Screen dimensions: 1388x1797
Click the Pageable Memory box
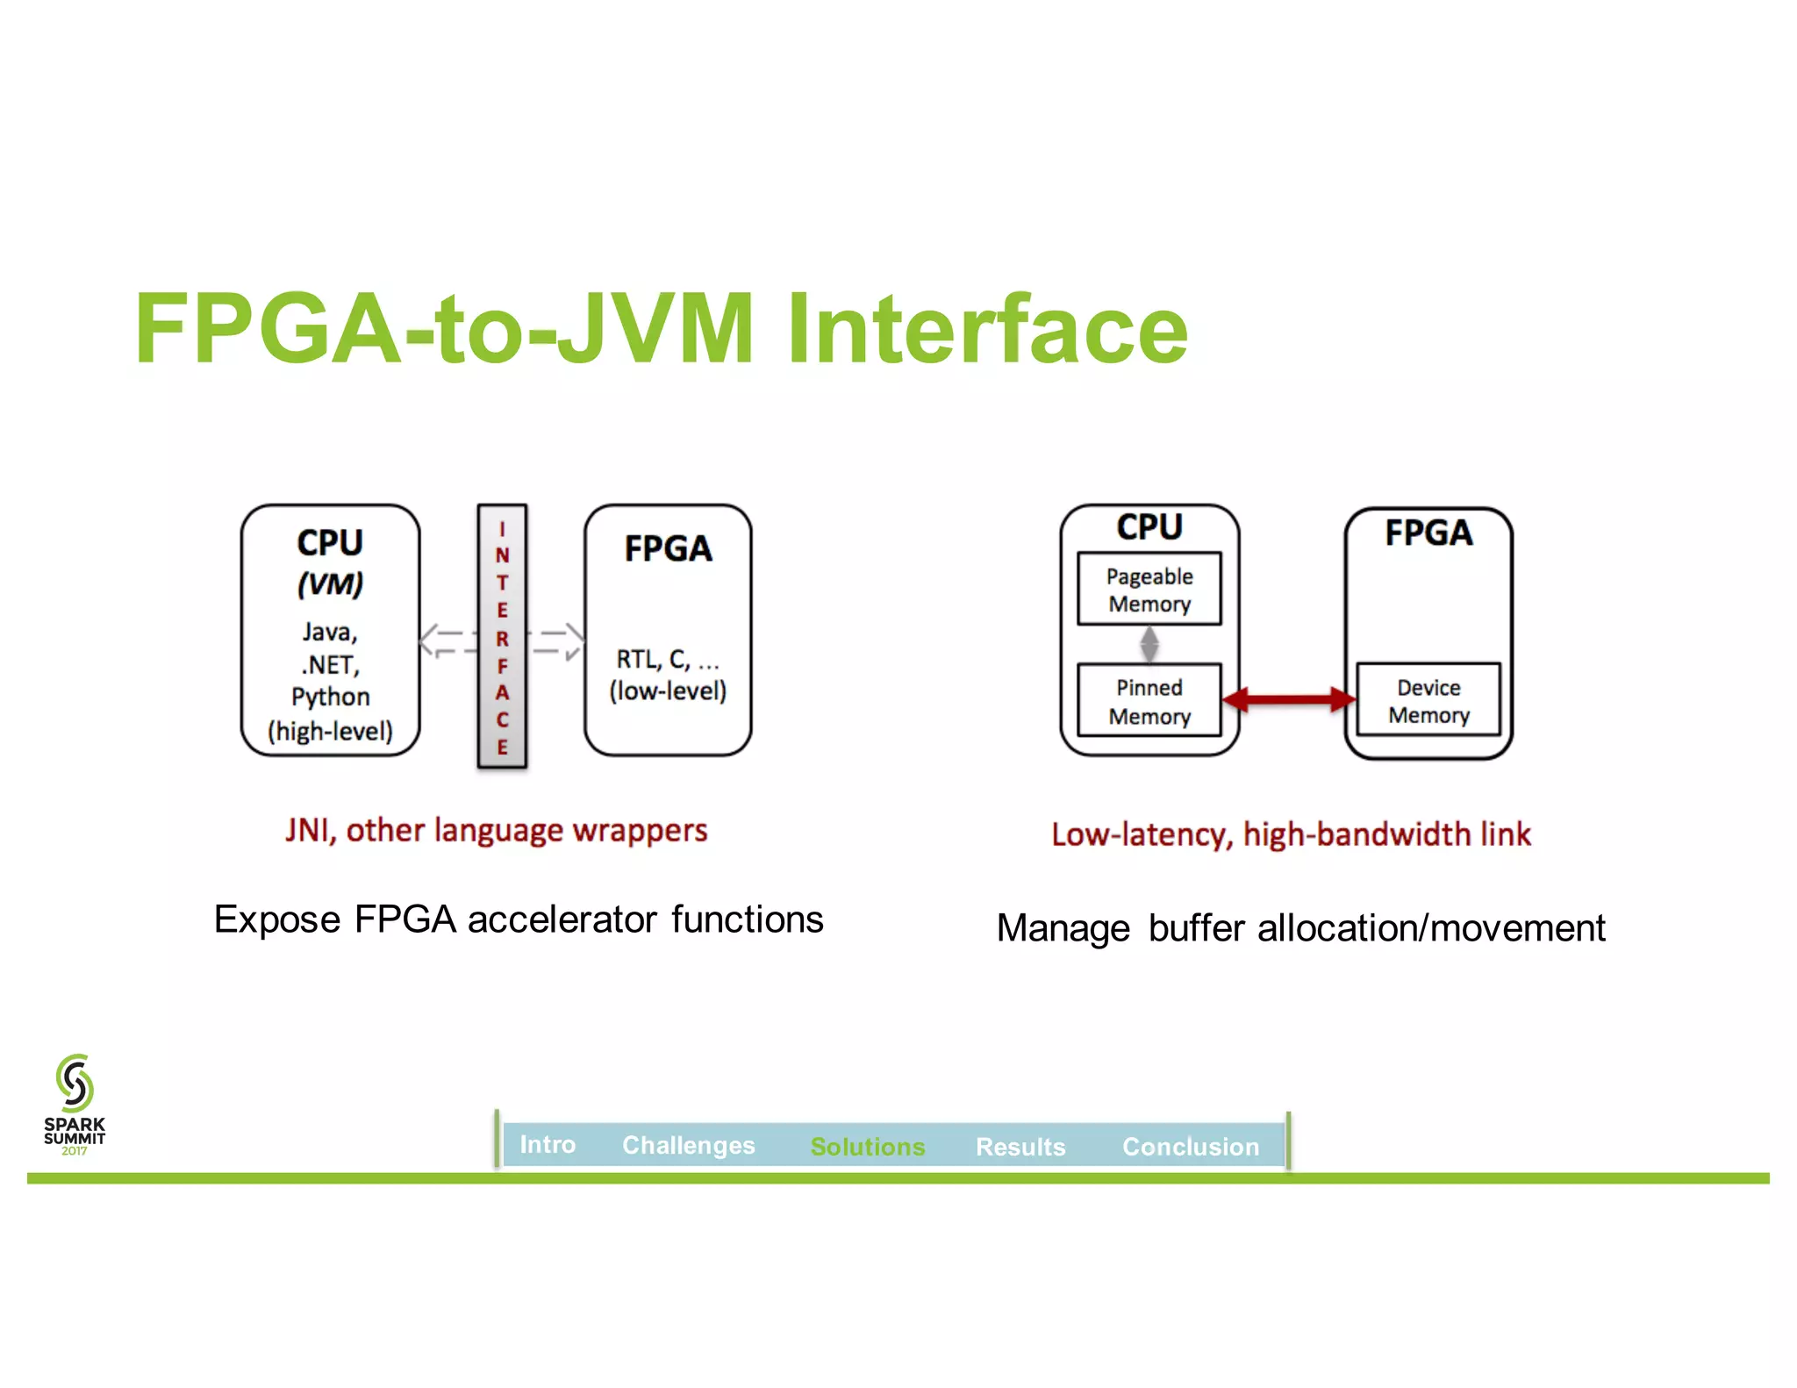[1149, 589]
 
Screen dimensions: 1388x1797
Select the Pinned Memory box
[1149, 701]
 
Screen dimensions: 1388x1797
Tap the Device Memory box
[1428, 700]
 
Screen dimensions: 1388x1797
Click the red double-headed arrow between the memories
[1289, 699]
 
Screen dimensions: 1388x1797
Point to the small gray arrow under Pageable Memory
[1149, 645]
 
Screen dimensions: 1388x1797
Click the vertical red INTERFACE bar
[502, 637]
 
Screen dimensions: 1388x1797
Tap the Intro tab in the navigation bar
[548, 1144]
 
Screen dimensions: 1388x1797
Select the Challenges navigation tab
[688, 1145]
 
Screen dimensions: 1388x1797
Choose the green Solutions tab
[867, 1146]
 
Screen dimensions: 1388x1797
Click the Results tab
[1020, 1146]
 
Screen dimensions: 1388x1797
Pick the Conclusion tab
[1190, 1146]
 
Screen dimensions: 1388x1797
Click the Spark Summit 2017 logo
[75, 1104]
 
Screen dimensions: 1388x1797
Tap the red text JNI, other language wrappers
[496, 830]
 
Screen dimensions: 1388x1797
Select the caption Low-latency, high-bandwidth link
[1291, 834]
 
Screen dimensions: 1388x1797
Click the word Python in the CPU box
[331, 697]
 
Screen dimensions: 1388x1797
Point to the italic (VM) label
[330, 584]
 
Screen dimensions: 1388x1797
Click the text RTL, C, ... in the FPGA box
[667, 659]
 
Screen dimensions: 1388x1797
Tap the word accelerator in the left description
[562, 919]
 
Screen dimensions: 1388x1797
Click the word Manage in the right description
[1063, 928]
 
